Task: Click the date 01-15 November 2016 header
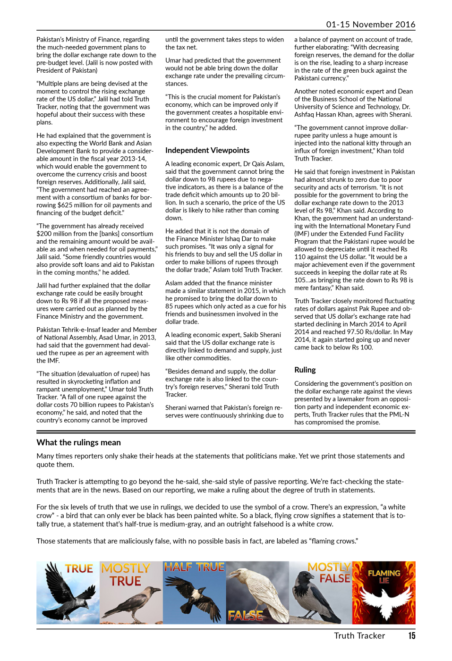coord(370,25)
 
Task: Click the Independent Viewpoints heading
coord(207,150)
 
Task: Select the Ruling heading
coord(305,370)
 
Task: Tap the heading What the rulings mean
coord(78,442)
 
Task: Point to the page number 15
coord(412,636)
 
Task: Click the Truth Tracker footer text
coord(359,636)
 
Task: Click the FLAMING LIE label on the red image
coord(384,576)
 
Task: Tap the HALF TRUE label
coord(194,567)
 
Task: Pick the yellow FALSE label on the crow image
coord(245,615)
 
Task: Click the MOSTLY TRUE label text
coord(126,575)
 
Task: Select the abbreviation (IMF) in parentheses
coord(302,234)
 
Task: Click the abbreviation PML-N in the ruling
coord(400,415)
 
